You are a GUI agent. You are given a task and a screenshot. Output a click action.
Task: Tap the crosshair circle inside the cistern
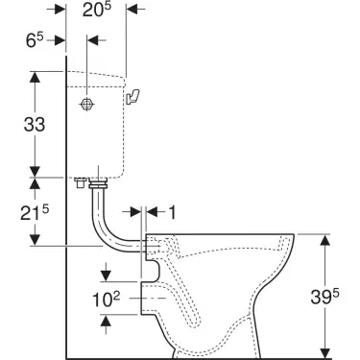(x=86, y=102)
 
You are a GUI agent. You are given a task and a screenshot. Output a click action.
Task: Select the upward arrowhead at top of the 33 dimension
(x=36, y=78)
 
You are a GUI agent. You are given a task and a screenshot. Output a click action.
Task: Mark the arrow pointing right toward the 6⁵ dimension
(x=59, y=40)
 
